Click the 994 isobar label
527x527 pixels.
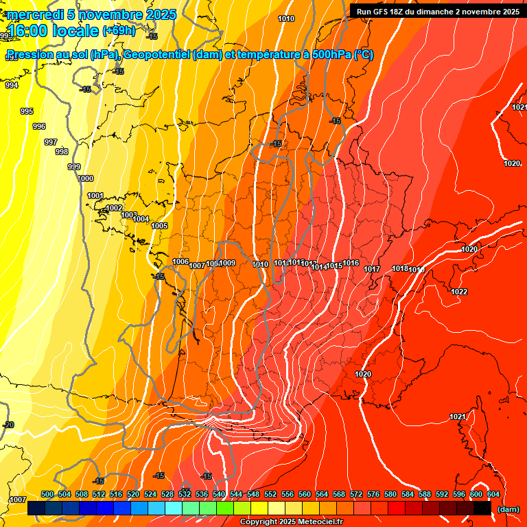coord(11,86)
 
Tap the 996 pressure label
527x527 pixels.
coord(39,126)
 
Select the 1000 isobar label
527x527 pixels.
coord(86,178)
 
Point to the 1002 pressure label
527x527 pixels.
coord(114,208)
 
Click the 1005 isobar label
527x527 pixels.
coord(159,226)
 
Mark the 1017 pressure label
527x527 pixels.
coord(372,269)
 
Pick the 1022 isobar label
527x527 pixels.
coord(459,292)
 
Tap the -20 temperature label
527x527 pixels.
coord(8,425)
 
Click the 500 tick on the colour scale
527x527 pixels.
coord(47,494)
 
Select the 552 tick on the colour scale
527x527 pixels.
coord(270,494)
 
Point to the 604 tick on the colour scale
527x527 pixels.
coord(493,494)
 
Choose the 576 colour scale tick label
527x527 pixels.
coord(373,494)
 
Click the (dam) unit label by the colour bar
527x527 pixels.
coord(508,509)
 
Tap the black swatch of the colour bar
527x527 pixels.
coord(482,508)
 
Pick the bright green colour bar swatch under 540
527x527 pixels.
coord(225,508)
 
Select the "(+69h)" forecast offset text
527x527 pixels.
coord(119,31)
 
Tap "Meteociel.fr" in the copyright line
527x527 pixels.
coord(318,522)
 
